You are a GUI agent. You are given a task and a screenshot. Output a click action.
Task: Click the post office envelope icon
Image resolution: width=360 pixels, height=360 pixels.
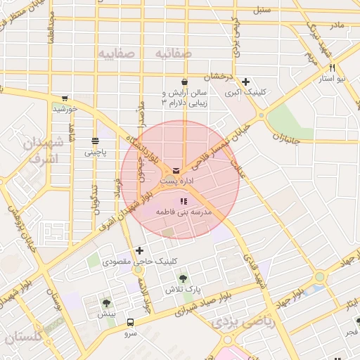coord(175,169)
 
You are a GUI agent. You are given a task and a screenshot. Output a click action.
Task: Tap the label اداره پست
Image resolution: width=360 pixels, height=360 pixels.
coord(176,181)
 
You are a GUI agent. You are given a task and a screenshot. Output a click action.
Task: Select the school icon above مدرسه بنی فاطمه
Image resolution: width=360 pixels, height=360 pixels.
coord(184,201)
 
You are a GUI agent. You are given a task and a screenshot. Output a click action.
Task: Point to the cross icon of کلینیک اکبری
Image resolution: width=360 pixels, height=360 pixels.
coord(245,82)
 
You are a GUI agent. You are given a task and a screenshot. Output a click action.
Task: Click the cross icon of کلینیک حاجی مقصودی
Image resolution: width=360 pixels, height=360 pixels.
coord(139,250)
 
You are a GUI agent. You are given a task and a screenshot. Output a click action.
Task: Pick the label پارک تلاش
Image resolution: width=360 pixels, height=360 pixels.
coord(180,290)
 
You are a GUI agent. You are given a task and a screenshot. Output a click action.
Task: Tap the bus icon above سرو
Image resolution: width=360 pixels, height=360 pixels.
coord(130,322)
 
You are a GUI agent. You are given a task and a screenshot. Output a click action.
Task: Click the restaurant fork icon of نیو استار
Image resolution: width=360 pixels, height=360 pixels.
coord(332,69)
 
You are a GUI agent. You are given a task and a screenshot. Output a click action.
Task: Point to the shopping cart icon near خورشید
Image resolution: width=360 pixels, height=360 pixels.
coord(65,98)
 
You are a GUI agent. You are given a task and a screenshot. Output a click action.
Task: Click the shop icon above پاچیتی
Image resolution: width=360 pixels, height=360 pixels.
coord(96,141)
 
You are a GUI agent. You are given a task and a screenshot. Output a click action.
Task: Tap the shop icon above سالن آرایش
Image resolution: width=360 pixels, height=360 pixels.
coord(184,82)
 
